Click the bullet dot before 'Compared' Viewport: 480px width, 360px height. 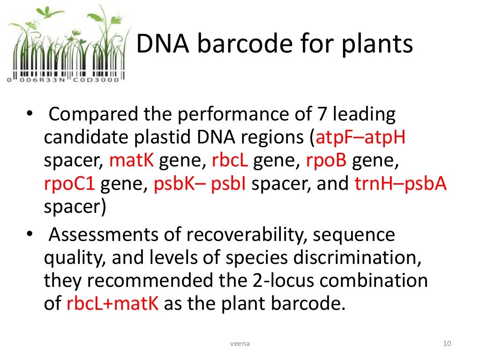coord(29,114)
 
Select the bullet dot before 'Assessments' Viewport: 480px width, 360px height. coord(29,233)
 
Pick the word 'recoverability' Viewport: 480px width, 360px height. coord(240,234)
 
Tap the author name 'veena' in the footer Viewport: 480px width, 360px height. coord(240,344)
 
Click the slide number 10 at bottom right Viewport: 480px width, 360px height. coord(446,344)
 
